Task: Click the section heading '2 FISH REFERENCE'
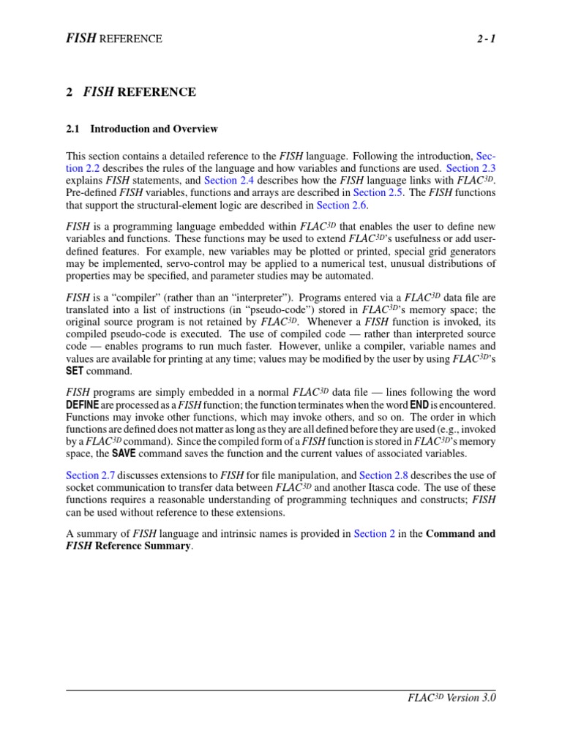tap(131, 92)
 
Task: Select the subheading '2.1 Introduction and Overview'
tap(142, 129)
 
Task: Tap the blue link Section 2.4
tap(231, 180)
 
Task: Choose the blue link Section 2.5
tap(378, 193)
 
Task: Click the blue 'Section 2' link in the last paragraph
tap(375, 533)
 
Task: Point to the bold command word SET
tap(76, 372)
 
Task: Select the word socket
tap(80, 488)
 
